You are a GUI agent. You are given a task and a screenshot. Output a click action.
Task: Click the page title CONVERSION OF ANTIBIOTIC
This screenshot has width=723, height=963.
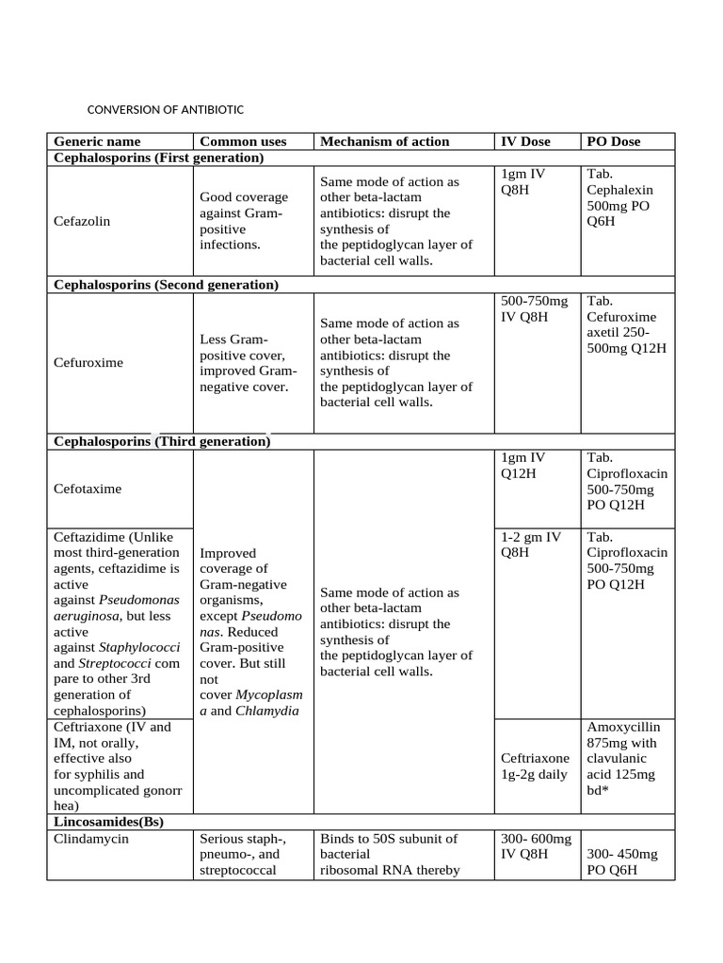(166, 109)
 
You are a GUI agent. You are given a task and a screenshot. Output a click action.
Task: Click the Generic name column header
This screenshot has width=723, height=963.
(97, 141)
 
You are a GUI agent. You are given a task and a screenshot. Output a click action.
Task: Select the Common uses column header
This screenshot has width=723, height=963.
(243, 141)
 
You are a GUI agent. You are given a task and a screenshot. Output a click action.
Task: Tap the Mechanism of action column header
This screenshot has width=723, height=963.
(384, 141)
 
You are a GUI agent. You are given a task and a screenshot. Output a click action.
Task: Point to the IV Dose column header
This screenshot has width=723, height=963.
(525, 141)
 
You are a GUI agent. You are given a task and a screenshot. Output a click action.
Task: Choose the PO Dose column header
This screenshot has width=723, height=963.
(613, 141)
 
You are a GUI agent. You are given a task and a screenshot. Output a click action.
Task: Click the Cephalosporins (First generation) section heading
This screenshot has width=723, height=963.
(158, 157)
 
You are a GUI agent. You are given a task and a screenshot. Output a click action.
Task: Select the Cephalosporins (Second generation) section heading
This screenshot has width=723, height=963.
(166, 284)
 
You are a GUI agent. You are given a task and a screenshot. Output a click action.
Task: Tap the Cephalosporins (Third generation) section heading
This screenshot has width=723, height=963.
(162, 441)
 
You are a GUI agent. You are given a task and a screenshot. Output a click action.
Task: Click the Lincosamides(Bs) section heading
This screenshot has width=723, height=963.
(108, 821)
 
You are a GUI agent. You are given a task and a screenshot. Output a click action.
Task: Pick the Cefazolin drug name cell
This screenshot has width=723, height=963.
(82, 221)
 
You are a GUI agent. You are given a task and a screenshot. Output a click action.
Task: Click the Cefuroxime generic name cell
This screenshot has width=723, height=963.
(88, 362)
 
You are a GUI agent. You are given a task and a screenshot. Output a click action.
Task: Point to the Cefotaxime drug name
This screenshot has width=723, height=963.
(88, 489)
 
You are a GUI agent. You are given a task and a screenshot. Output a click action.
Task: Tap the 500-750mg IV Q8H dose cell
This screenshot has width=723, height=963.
(535, 308)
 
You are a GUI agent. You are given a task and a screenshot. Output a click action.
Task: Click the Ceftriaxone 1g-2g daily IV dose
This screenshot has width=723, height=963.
(535, 766)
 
